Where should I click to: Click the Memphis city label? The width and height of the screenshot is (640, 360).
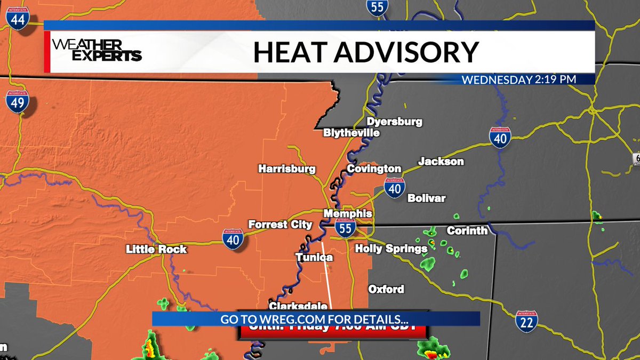[x=348, y=213]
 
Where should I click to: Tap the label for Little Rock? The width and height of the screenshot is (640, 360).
[x=156, y=249]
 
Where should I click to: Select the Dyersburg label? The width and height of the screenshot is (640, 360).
[x=394, y=122]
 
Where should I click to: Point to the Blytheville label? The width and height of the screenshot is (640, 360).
[x=351, y=133]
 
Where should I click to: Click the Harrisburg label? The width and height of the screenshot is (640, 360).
[x=287, y=169]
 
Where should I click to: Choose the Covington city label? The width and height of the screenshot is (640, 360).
[x=374, y=169]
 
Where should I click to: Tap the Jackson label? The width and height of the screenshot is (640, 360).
[x=441, y=161]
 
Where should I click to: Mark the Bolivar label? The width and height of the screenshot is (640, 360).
[x=426, y=198]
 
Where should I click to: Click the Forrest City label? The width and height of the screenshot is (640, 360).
[x=280, y=225]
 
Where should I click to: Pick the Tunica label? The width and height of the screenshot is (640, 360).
[x=314, y=258]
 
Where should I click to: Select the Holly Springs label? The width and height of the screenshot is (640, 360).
[x=391, y=249]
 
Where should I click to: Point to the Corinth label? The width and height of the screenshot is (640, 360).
[x=467, y=230]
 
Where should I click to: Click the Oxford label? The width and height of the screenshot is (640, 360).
[x=386, y=289]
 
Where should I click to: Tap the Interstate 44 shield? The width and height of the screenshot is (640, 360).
[x=18, y=19]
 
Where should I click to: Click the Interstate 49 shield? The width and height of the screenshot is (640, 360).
[x=17, y=102]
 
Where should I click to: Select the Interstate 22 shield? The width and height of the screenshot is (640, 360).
[x=526, y=322]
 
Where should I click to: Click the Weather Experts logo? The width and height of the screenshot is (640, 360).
[x=97, y=51]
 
